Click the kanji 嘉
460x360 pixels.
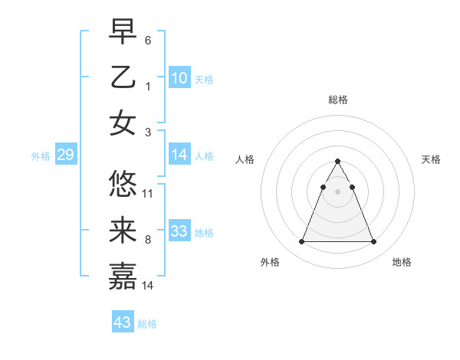click(x=123, y=276)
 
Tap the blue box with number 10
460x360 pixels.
click(x=179, y=77)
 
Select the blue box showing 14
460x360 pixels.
click(x=179, y=155)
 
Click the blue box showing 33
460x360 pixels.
click(x=179, y=231)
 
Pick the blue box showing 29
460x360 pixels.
click(x=65, y=155)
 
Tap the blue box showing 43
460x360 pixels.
click(x=123, y=322)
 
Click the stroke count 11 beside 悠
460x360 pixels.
click(x=148, y=193)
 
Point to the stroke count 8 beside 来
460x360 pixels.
click(x=147, y=239)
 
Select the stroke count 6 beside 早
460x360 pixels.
click(x=147, y=40)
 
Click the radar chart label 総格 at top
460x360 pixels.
click(x=338, y=100)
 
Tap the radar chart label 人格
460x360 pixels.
click(x=245, y=159)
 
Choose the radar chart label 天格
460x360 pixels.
click(x=431, y=159)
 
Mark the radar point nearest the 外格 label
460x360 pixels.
click(x=301, y=242)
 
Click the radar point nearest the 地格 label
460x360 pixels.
click(x=374, y=242)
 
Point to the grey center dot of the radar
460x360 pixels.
click(x=338, y=191)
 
